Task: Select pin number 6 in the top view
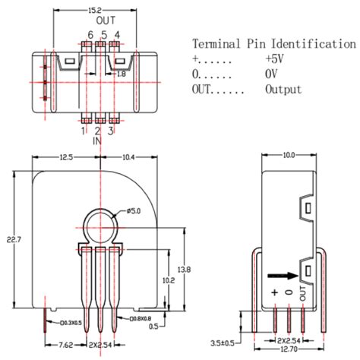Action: (90, 36)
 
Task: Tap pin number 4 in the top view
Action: (116, 36)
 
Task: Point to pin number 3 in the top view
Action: (112, 131)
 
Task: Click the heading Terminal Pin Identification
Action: (274, 44)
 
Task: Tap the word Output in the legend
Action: (283, 90)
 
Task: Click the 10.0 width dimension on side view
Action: (288, 156)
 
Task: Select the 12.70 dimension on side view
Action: (288, 350)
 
